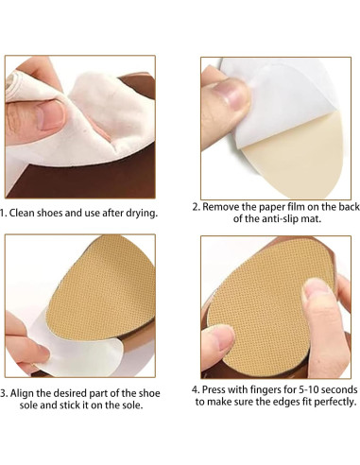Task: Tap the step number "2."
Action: point(197,206)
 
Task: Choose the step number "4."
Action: point(197,388)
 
